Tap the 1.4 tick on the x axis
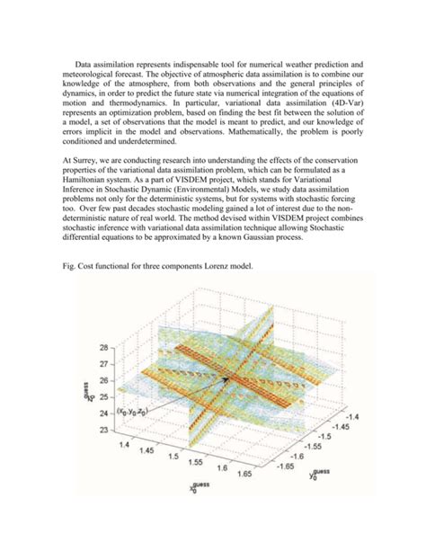(124, 445)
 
